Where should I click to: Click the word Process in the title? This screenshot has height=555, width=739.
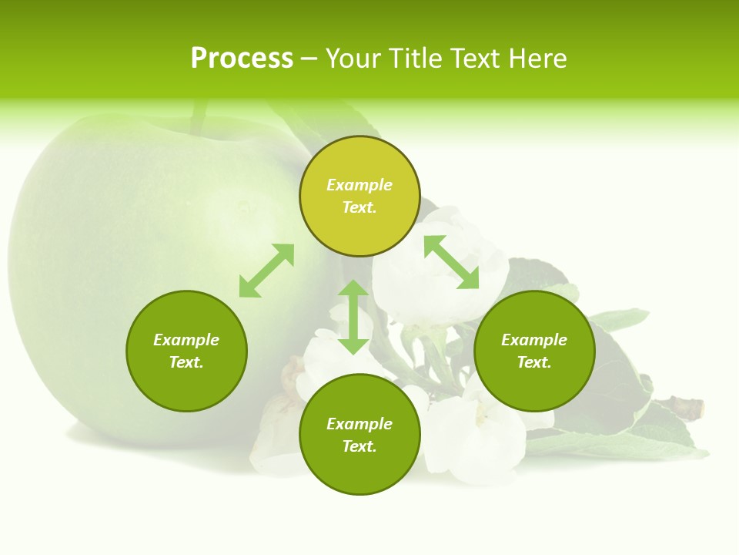coord(242,59)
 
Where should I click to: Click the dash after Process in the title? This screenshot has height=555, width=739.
coord(309,59)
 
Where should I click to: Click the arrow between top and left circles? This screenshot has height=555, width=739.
coord(266,271)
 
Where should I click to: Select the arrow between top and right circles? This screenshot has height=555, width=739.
coord(451,262)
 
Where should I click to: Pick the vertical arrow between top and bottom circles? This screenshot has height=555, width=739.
coord(353,317)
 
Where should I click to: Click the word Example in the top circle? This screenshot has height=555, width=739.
coord(359,185)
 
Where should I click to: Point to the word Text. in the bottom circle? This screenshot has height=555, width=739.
coord(359,446)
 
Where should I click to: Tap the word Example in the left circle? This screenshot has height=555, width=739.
coord(186,340)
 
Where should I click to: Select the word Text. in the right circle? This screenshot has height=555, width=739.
coord(534,362)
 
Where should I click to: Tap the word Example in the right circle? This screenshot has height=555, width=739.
coord(534,340)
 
